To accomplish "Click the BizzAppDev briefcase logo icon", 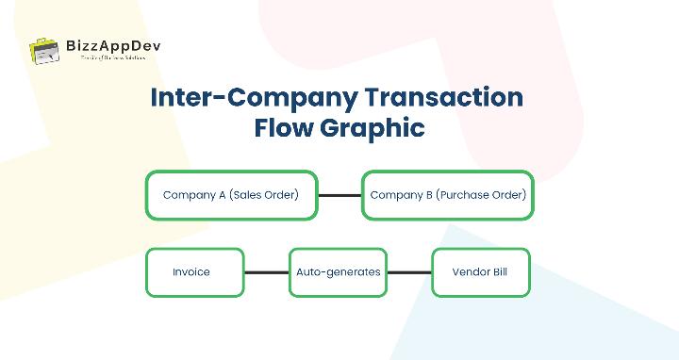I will pos(45,52).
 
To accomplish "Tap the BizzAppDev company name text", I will pos(107,44).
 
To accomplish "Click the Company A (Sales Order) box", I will pos(231,195).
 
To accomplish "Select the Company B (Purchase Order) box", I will pos(448,195).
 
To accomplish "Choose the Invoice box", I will pos(195,272).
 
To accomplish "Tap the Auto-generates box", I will pos(339,272).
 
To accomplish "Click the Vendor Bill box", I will pos(480,272).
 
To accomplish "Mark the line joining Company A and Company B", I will pos(339,195).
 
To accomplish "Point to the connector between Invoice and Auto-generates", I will pos(267,272).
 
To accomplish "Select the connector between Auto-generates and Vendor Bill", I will pos(409,272).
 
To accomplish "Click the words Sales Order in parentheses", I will pos(265,195).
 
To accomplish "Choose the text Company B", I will pos(401,195).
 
